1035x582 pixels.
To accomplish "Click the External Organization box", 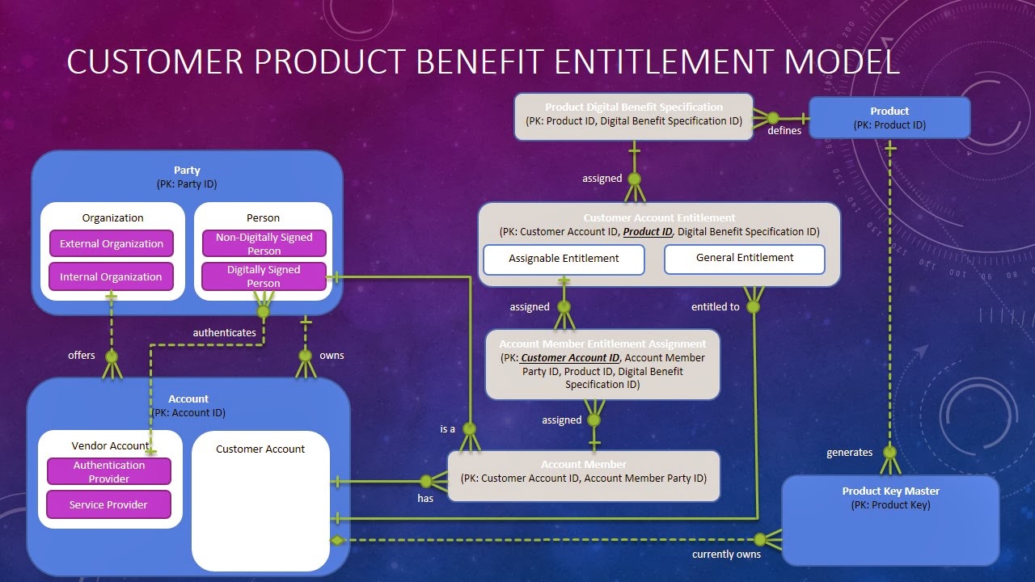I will click(112, 244).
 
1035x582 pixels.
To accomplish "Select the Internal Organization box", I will click(112, 276).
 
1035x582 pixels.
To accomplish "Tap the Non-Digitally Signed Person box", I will click(264, 244).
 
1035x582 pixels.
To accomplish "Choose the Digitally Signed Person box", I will click(264, 276).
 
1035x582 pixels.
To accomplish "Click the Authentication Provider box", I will click(109, 471).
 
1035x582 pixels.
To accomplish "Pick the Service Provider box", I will click(109, 504).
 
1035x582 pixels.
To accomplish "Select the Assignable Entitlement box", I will click(564, 259).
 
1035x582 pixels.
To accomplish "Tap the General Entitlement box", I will click(745, 258).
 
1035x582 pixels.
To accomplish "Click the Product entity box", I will click(889, 117).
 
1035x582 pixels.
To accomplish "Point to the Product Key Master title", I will click(890, 491).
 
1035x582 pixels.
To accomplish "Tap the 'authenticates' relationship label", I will click(224, 332).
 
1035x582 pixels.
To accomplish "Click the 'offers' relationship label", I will click(82, 355).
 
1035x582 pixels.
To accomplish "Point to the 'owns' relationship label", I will click(332, 355).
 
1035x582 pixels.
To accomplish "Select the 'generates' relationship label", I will click(849, 452).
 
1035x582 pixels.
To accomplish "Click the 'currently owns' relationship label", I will click(726, 554).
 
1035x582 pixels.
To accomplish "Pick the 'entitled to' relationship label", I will click(715, 306).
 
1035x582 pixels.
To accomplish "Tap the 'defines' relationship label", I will click(784, 130).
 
